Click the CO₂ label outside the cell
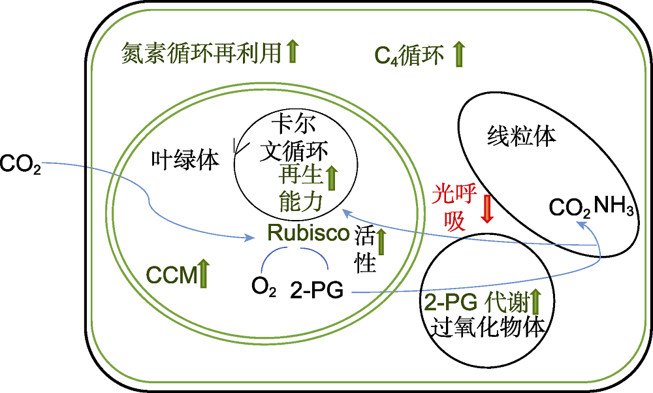coord(20,164)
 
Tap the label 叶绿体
coord(185,159)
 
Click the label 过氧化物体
coord(487,327)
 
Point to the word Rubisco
coord(308,232)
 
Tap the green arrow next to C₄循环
coord(458,54)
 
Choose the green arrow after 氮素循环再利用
coord(293,51)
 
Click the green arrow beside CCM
coord(203,273)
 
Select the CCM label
coord(172,275)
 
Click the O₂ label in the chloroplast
coord(264,287)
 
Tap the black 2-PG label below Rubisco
coord(317,290)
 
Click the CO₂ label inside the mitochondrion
coord(569,208)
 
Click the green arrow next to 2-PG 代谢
coord(535,302)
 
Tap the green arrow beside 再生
coord(332,178)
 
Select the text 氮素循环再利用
coord(202,54)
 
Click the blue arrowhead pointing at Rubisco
coord(251,238)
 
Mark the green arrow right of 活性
coord(381,242)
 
